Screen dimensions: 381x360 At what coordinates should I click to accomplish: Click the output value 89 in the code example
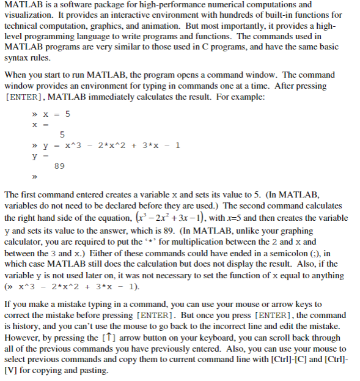click(59, 166)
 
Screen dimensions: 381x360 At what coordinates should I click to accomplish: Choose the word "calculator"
click(25, 240)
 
